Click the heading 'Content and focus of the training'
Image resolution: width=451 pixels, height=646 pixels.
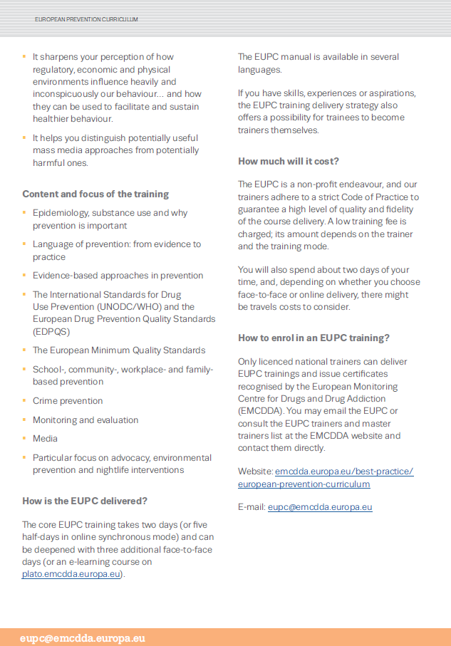95,194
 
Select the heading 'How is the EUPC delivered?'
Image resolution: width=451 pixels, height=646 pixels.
85,501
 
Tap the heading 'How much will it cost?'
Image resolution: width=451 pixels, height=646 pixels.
289,161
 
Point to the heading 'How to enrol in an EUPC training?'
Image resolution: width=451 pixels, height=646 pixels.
313,338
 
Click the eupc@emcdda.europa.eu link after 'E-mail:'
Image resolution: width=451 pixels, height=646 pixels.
320,507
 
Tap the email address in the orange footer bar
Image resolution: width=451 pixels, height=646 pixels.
83,637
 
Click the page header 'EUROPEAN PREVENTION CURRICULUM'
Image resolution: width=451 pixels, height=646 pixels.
86,19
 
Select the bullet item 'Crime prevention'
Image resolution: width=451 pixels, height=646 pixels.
68,401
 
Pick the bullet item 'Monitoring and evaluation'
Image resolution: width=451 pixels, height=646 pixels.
85,420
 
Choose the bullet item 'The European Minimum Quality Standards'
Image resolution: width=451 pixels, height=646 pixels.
119,350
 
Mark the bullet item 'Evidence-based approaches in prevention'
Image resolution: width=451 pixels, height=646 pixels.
118,276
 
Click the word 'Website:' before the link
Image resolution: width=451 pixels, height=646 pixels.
255,472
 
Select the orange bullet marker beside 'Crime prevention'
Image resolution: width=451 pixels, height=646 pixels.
25,401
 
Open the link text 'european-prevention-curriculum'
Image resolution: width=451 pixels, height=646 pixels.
304,484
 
